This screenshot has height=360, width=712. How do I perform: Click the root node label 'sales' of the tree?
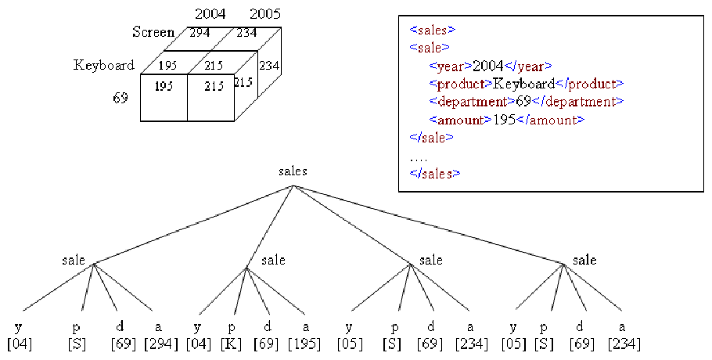tap(293, 171)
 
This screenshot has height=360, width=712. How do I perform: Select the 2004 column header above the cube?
tap(210, 14)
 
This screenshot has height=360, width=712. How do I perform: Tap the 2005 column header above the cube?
tap(265, 14)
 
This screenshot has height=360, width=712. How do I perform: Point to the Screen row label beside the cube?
tap(153, 32)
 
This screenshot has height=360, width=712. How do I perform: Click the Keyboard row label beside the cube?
tap(104, 66)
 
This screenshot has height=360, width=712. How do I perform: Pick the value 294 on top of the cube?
tap(200, 32)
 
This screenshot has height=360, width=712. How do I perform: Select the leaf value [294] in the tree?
tap(161, 344)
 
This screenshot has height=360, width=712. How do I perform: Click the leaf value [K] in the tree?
tap(231, 344)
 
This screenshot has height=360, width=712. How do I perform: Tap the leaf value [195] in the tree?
tap(305, 344)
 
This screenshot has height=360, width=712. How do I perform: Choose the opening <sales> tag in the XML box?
tap(432, 30)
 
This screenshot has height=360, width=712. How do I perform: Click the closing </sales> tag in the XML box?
tap(434, 174)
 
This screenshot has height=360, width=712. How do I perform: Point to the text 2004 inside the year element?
tap(487, 67)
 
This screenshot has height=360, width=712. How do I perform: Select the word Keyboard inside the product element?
tap(524, 84)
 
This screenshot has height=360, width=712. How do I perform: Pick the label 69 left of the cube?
tap(120, 98)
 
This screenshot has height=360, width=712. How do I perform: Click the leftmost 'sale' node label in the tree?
tap(74, 260)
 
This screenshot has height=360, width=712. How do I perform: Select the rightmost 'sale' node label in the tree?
tap(584, 260)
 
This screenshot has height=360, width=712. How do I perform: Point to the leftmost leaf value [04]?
tap(20, 344)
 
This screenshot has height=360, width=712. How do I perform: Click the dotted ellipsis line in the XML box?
tap(419, 160)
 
